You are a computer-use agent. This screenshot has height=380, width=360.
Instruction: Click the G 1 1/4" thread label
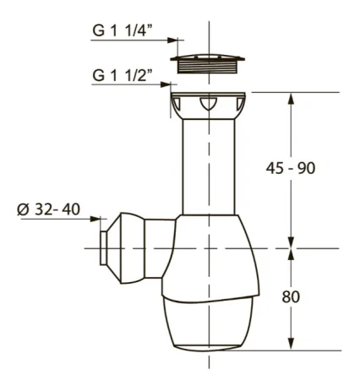coord(123,30)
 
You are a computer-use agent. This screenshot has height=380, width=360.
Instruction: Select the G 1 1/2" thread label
coord(123,74)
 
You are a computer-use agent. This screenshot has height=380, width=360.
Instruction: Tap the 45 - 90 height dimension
coord(291,168)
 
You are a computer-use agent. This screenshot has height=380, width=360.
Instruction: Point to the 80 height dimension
coord(291,296)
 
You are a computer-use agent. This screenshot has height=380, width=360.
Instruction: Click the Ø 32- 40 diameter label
coord(48,209)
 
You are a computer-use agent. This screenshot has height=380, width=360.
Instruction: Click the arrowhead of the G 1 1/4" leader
coord(172,40)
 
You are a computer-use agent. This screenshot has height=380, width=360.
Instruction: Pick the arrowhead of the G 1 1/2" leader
coord(166,84)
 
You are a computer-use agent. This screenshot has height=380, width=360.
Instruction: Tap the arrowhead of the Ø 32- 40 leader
coord(95,219)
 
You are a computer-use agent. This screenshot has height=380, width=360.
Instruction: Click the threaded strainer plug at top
coord(207,63)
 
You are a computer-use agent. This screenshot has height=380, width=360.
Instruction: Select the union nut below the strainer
coord(208,106)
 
